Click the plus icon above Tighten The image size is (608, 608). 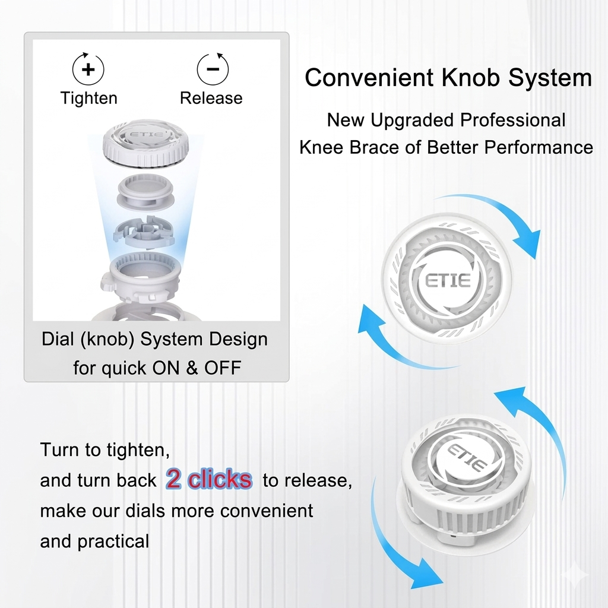88,69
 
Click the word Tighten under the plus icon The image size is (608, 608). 88,98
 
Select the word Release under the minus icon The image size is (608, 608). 211,98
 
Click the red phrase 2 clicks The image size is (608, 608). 208,479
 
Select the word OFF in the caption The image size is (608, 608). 223,368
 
